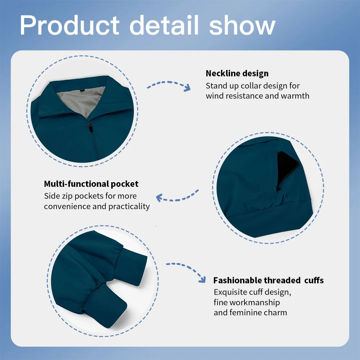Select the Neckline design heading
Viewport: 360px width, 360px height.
click(x=237, y=73)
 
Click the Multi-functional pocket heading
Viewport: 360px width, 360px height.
click(x=91, y=184)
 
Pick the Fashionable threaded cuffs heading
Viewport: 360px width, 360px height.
click(x=268, y=280)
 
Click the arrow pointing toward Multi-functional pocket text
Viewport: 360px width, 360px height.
click(x=177, y=196)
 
